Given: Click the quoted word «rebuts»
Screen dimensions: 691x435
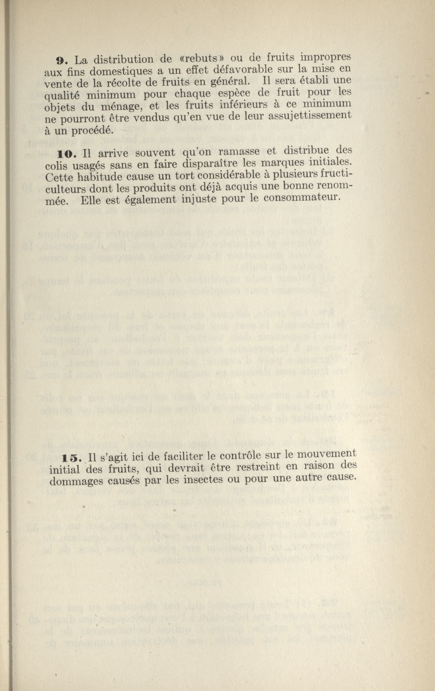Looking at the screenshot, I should pos(200,60).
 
